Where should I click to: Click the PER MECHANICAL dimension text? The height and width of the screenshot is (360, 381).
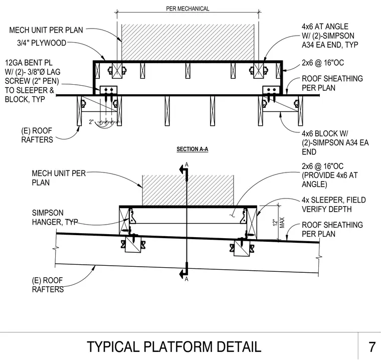coord(187,9)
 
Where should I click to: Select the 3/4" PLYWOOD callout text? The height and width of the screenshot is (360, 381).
coord(42,43)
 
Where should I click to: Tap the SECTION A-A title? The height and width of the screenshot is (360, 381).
coord(192,149)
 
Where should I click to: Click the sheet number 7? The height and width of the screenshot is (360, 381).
coord(372,347)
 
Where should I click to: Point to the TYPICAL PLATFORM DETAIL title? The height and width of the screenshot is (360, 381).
coord(174,347)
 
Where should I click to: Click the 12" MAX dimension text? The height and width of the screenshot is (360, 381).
coord(278,223)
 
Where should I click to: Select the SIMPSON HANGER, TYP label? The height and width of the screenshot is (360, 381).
coord(55,217)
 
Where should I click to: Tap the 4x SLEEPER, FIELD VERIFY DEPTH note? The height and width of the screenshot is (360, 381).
coord(333,205)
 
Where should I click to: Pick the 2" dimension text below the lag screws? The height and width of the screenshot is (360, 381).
coord(91,121)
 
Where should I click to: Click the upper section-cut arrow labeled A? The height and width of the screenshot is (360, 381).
coord(183,169)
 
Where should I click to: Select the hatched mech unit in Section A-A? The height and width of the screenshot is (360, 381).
coord(188,42)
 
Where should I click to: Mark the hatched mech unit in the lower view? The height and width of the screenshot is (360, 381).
coord(188,191)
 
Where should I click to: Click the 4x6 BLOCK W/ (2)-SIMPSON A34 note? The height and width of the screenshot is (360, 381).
coord(335,143)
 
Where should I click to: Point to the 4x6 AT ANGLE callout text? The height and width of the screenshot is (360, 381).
coord(330,36)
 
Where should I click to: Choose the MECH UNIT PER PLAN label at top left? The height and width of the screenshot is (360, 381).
coord(46,30)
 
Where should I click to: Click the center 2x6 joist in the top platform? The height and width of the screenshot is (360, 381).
coord(188,71)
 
